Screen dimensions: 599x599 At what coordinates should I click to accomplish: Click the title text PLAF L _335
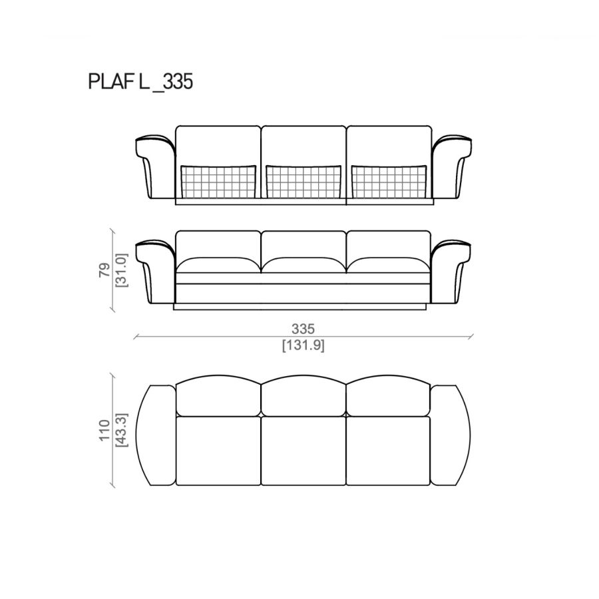tap(140, 82)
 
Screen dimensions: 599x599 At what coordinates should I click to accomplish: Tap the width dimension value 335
tap(303, 329)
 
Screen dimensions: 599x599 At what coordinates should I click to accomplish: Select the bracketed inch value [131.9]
tap(303, 345)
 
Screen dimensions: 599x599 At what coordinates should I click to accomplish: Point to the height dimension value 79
tap(104, 270)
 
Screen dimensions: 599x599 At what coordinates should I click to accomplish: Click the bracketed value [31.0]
tap(122, 270)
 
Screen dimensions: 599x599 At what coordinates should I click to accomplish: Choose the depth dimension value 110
tap(104, 431)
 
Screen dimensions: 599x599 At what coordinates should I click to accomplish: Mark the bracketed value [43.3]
tap(122, 431)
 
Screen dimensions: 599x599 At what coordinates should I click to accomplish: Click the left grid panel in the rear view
tap(218, 182)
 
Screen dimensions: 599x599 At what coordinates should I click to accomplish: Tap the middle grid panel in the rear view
tap(303, 182)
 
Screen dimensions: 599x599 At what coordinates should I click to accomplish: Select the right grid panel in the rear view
tap(389, 182)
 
